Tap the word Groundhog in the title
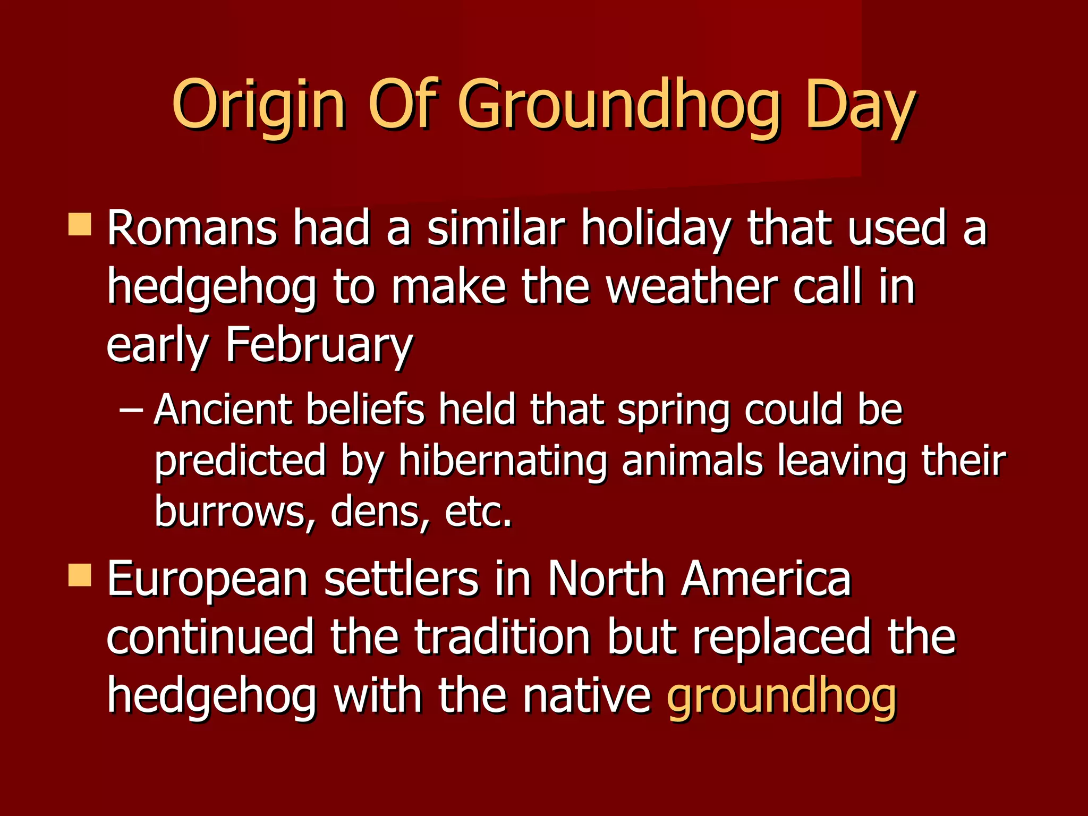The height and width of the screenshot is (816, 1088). click(x=618, y=105)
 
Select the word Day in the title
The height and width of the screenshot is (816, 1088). click(x=860, y=105)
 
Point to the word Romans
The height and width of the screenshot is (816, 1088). click(x=192, y=228)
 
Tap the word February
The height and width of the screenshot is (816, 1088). click(x=319, y=345)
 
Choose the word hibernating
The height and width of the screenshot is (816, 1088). click(x=503, y=461)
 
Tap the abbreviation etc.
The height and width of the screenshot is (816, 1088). click(x=478, y=511)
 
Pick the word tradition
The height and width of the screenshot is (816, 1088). click(x=503, y=637)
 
